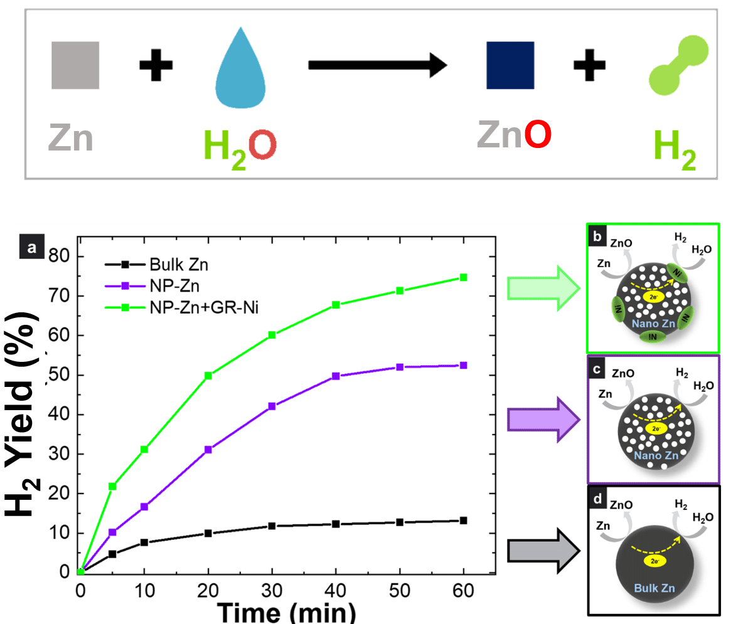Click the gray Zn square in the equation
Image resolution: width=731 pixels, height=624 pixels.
click(x=75, y=65)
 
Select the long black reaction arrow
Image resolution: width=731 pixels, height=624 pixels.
click(x=376, y=65)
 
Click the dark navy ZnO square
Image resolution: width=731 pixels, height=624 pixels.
click(x=510, y=65)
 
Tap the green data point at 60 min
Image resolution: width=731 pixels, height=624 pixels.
click(x=464, y=277)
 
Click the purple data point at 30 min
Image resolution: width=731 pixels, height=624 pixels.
click(x=272, y=406)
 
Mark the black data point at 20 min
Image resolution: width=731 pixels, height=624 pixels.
click(x=208, y=534)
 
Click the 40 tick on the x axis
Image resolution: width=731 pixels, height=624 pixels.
click(x=336, y=590)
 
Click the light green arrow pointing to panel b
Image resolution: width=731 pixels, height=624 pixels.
click(x=543, y=288)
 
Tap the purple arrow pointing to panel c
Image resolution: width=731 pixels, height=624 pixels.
click(x=543, y=419)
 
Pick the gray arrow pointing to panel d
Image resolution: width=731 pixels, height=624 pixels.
click(x=543, y=550)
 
